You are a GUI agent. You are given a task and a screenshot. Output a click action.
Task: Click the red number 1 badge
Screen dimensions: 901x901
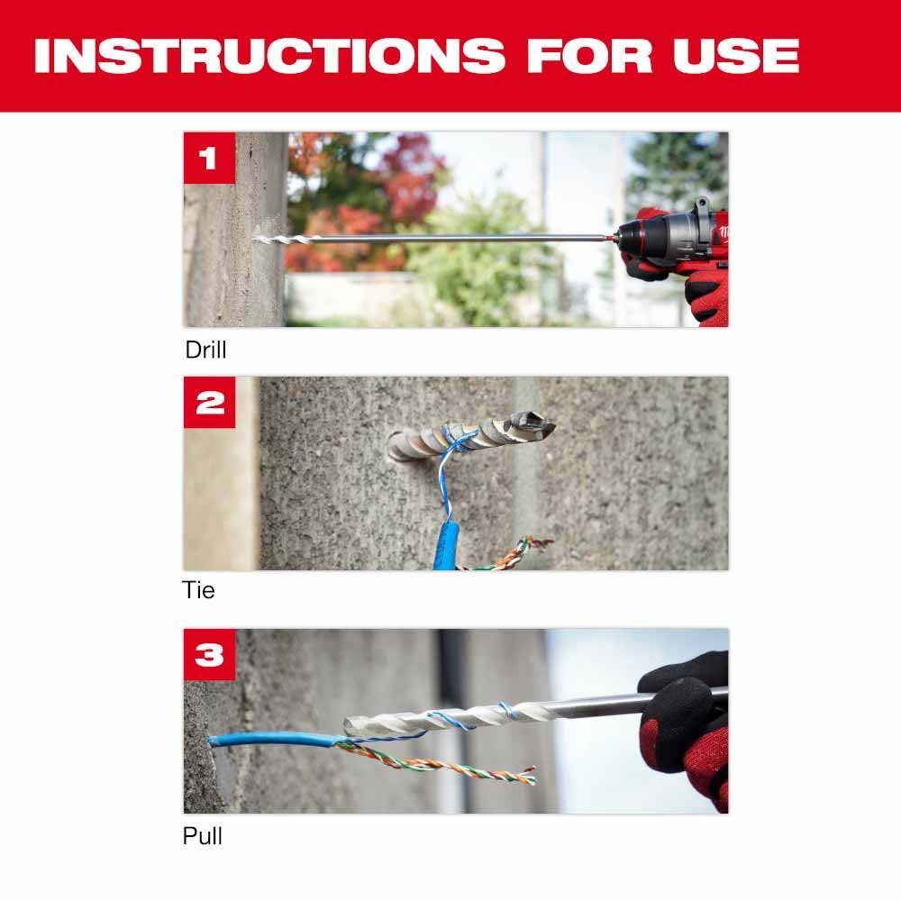click(x=209, y=158)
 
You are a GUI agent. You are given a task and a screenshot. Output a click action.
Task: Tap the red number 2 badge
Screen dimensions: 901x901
click(x=209, y=402)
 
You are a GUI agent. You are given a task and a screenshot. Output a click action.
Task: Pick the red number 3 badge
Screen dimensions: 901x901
click(x=209, y=654)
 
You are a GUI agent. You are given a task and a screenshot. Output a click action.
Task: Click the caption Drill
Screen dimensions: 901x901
click(x=205, y=350)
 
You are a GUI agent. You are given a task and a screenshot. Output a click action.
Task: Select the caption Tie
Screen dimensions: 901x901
click(x=198, y=591)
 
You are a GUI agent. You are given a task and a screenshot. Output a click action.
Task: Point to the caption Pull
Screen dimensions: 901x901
click(x=202, y=836)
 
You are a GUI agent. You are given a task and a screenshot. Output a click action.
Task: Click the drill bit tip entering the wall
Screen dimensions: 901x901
click(x=261, y=239)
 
